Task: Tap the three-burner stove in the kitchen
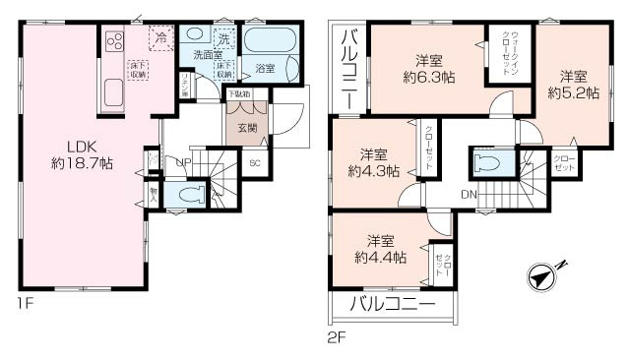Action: [x=113, y=42]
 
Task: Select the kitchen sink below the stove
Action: [x=111, y=94]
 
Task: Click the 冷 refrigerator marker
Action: [x=159, y=40]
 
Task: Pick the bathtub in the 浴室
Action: [x=270, y=44]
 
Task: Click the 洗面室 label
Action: [x=205, y=56]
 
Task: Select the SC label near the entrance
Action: [x=255, y=164]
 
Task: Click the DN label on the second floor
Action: [x=468, y=195]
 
